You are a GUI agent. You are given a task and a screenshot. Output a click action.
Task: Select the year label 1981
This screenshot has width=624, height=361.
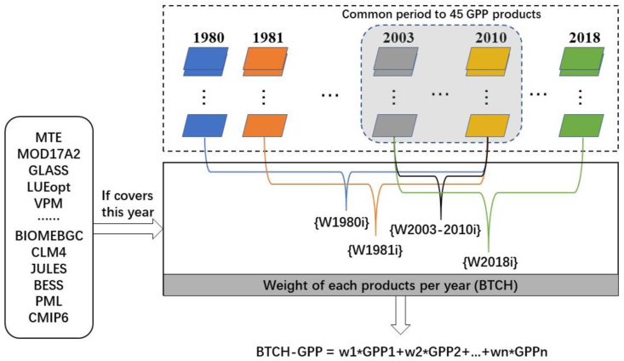pyautogui.click(x=265, y=39)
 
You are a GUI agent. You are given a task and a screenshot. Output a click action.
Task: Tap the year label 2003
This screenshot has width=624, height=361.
pyautogui.click(x=400, y=39)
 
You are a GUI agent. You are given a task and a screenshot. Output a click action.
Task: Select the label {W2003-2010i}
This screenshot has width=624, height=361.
pyautogui.click(x=436, y=230)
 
